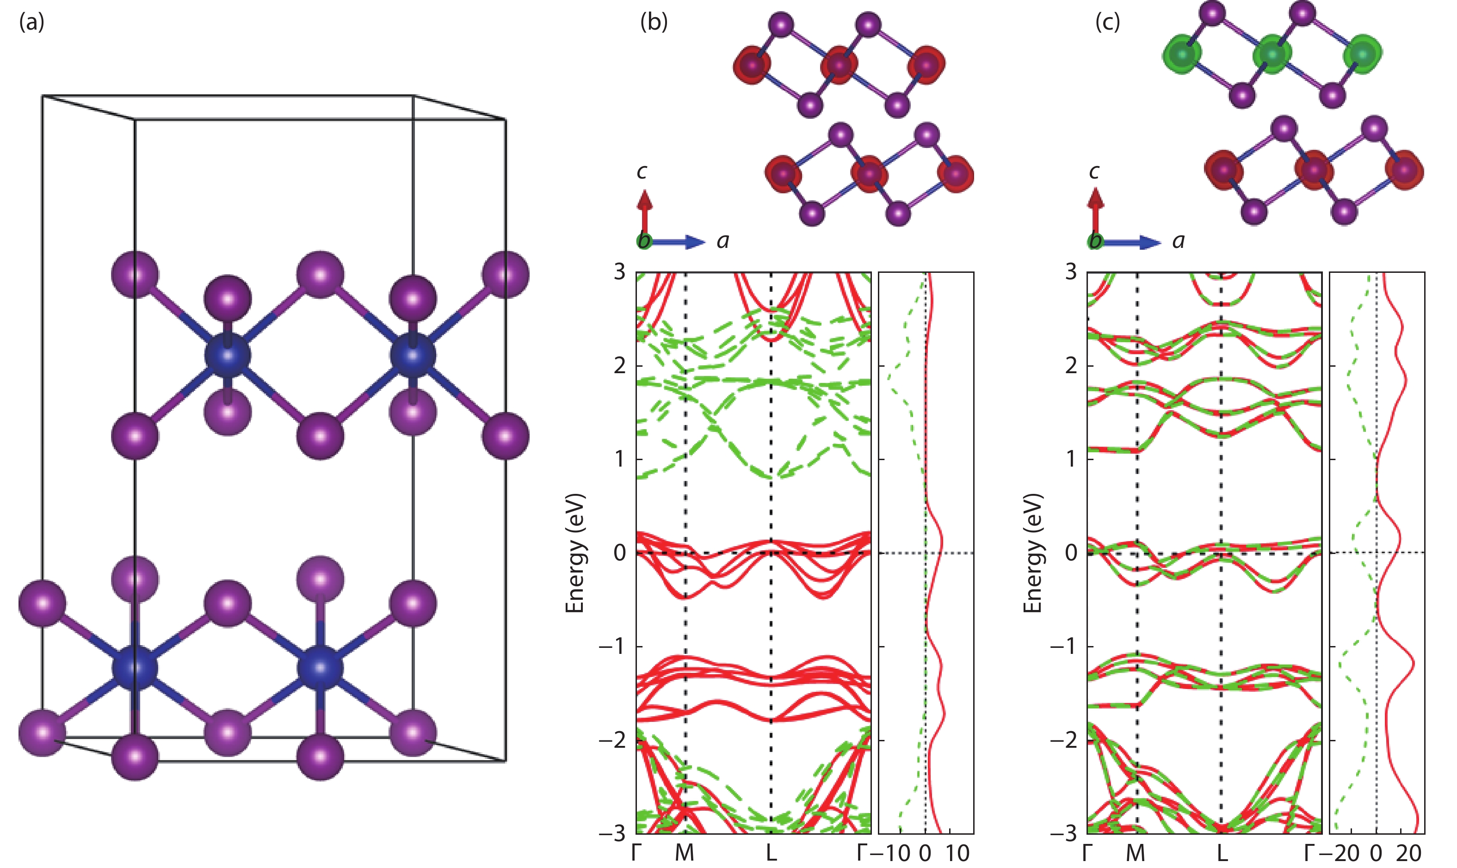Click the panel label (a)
[31, 22]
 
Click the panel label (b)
[654, 22]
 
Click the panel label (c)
[1108, 22]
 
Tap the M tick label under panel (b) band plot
[685, 853]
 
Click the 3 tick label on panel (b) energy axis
[619, 272]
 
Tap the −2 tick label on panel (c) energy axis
[1063, 740]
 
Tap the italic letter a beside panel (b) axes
[723, 241]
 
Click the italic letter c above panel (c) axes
[1094, 172]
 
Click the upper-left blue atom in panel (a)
[228, 355]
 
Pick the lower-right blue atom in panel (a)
[320, 667]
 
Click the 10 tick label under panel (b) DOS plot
[957, 853]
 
